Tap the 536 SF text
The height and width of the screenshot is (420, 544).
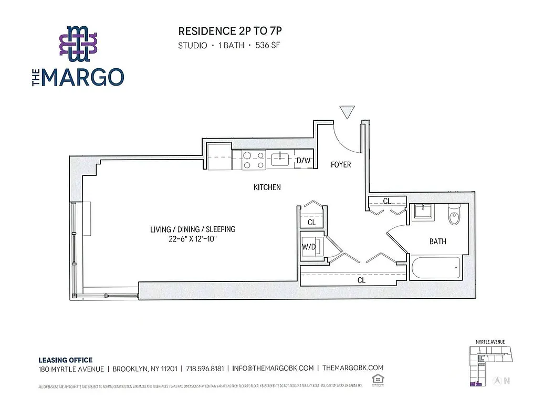pos(268,46)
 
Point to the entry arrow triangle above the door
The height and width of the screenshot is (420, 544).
pos(347,112)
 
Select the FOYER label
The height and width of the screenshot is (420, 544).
pos(340,165)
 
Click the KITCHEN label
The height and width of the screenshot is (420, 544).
pos(267,187)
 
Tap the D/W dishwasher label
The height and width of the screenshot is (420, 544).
pos(303,161)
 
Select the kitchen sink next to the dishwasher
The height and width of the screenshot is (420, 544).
pos(281,157)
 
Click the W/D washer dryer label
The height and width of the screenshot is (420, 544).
pos(308,247)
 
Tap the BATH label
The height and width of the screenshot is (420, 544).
pos(437,241)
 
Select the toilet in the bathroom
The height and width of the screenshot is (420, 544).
pos(454,215)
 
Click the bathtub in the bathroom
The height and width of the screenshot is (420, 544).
pos(437,267)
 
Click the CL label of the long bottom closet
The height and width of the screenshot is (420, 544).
pos(361,280)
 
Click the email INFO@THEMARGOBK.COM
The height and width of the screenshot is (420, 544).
pos(273,368)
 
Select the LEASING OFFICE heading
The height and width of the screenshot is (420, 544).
pos(65,360)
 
